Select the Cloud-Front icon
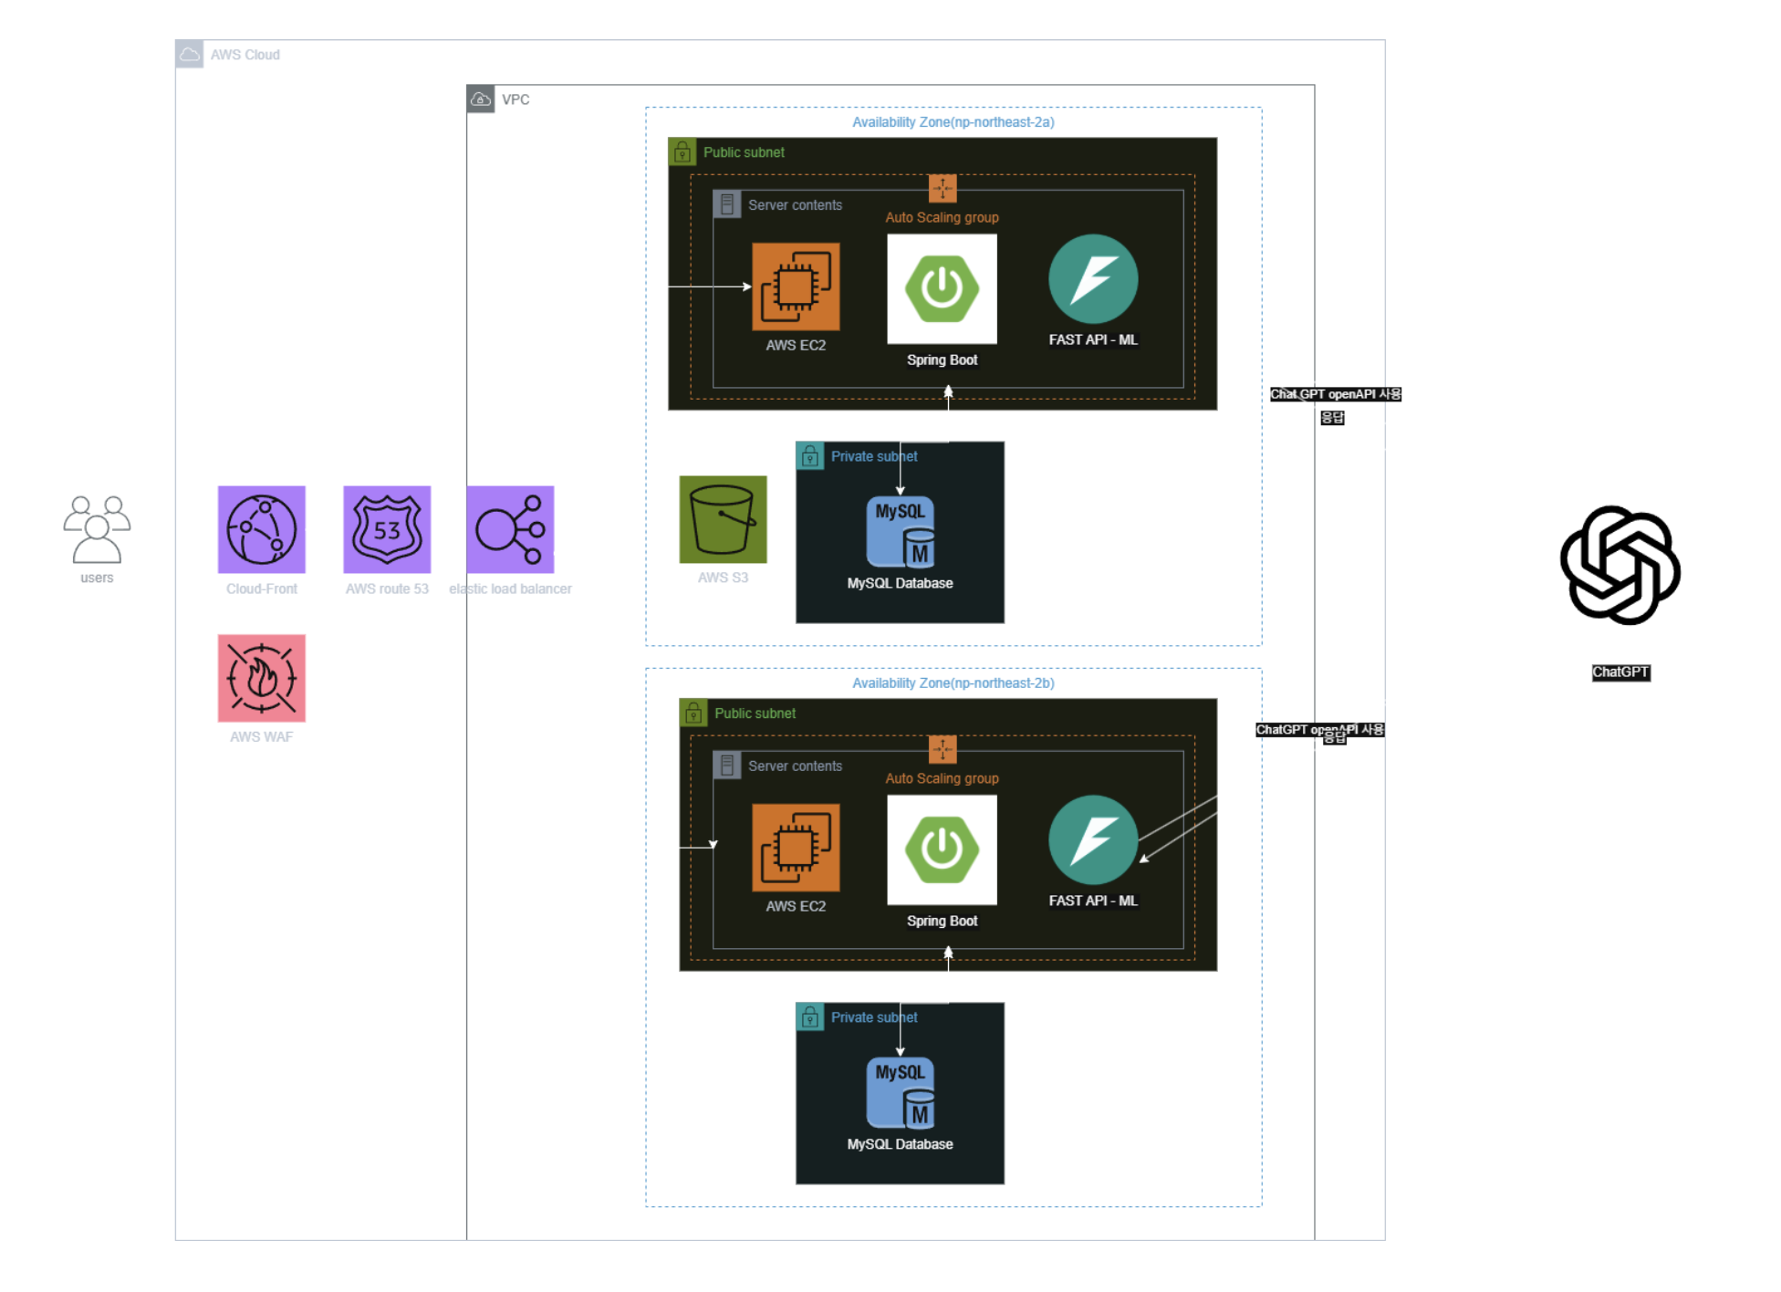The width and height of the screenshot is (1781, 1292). click(262, 529)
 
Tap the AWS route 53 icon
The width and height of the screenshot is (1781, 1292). click(387, 529)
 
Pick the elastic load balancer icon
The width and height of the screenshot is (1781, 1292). click(510, 529)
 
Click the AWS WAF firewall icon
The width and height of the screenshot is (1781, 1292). click(262, 678)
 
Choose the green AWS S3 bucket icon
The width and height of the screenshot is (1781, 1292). click(723, 519)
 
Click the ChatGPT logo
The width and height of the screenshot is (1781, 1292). click(1620, 566)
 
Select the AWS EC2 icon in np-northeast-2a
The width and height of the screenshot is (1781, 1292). click(796, 287)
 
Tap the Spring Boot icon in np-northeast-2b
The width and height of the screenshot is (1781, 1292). click(942, 849)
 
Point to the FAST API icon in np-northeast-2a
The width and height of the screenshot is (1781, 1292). click(1093, 279)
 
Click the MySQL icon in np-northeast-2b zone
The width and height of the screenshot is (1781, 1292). click(901, 1093)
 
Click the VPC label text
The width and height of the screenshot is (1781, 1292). click(516, 99)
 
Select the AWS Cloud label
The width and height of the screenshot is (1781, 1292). click(245, 55)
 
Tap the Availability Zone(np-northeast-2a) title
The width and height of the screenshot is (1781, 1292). click(953, 122)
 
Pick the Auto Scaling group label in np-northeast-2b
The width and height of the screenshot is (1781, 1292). click(942, 778)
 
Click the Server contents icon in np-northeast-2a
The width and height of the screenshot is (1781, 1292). click(727, 204)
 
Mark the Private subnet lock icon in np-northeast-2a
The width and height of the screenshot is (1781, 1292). click(810, 455)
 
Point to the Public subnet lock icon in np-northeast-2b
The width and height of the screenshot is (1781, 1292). click(693, 713)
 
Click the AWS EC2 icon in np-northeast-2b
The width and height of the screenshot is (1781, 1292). click(796, 848)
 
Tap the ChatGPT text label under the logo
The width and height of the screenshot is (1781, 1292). click(1620, 672)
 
